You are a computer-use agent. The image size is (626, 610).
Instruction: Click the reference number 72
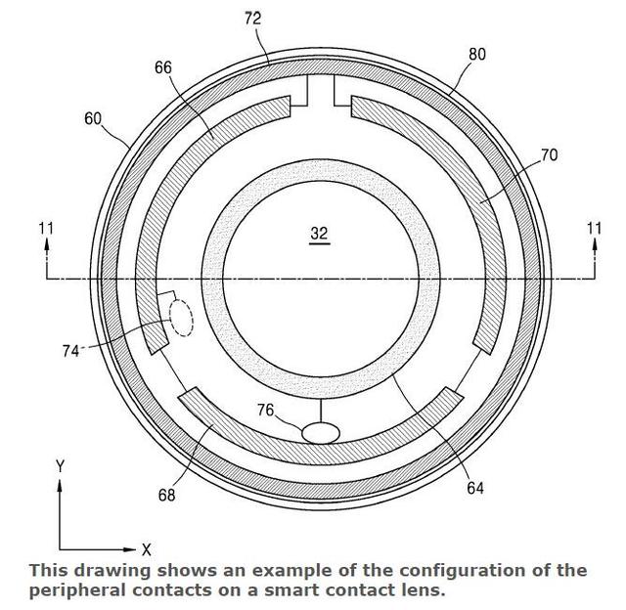click(252, 19)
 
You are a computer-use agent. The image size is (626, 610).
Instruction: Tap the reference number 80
click(477, 55)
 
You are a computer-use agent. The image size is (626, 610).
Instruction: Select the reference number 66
click(163, 67)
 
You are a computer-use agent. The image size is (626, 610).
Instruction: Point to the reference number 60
click(93, 119)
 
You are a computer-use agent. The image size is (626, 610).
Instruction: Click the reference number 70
click(549, 154)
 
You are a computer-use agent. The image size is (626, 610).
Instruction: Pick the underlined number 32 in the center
click(319, 234)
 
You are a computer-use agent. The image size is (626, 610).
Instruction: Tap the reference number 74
click(70, 351)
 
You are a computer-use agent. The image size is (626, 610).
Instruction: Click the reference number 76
click(266, 410)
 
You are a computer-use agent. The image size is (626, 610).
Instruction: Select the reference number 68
click(166, 495)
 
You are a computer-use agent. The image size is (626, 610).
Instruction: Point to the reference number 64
click(475, 488)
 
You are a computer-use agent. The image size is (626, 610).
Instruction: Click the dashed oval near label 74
click(181, 319)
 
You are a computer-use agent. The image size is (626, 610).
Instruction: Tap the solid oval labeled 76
click(321, 433)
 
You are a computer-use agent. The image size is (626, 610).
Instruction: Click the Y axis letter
click(60, 466)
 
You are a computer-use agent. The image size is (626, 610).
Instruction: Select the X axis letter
click(147, 549)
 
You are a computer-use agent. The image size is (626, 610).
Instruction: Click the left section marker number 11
click(46, 229)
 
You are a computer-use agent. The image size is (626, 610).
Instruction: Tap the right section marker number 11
click(594, 229)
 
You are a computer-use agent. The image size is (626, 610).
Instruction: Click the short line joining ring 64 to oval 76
click(321, 411)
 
